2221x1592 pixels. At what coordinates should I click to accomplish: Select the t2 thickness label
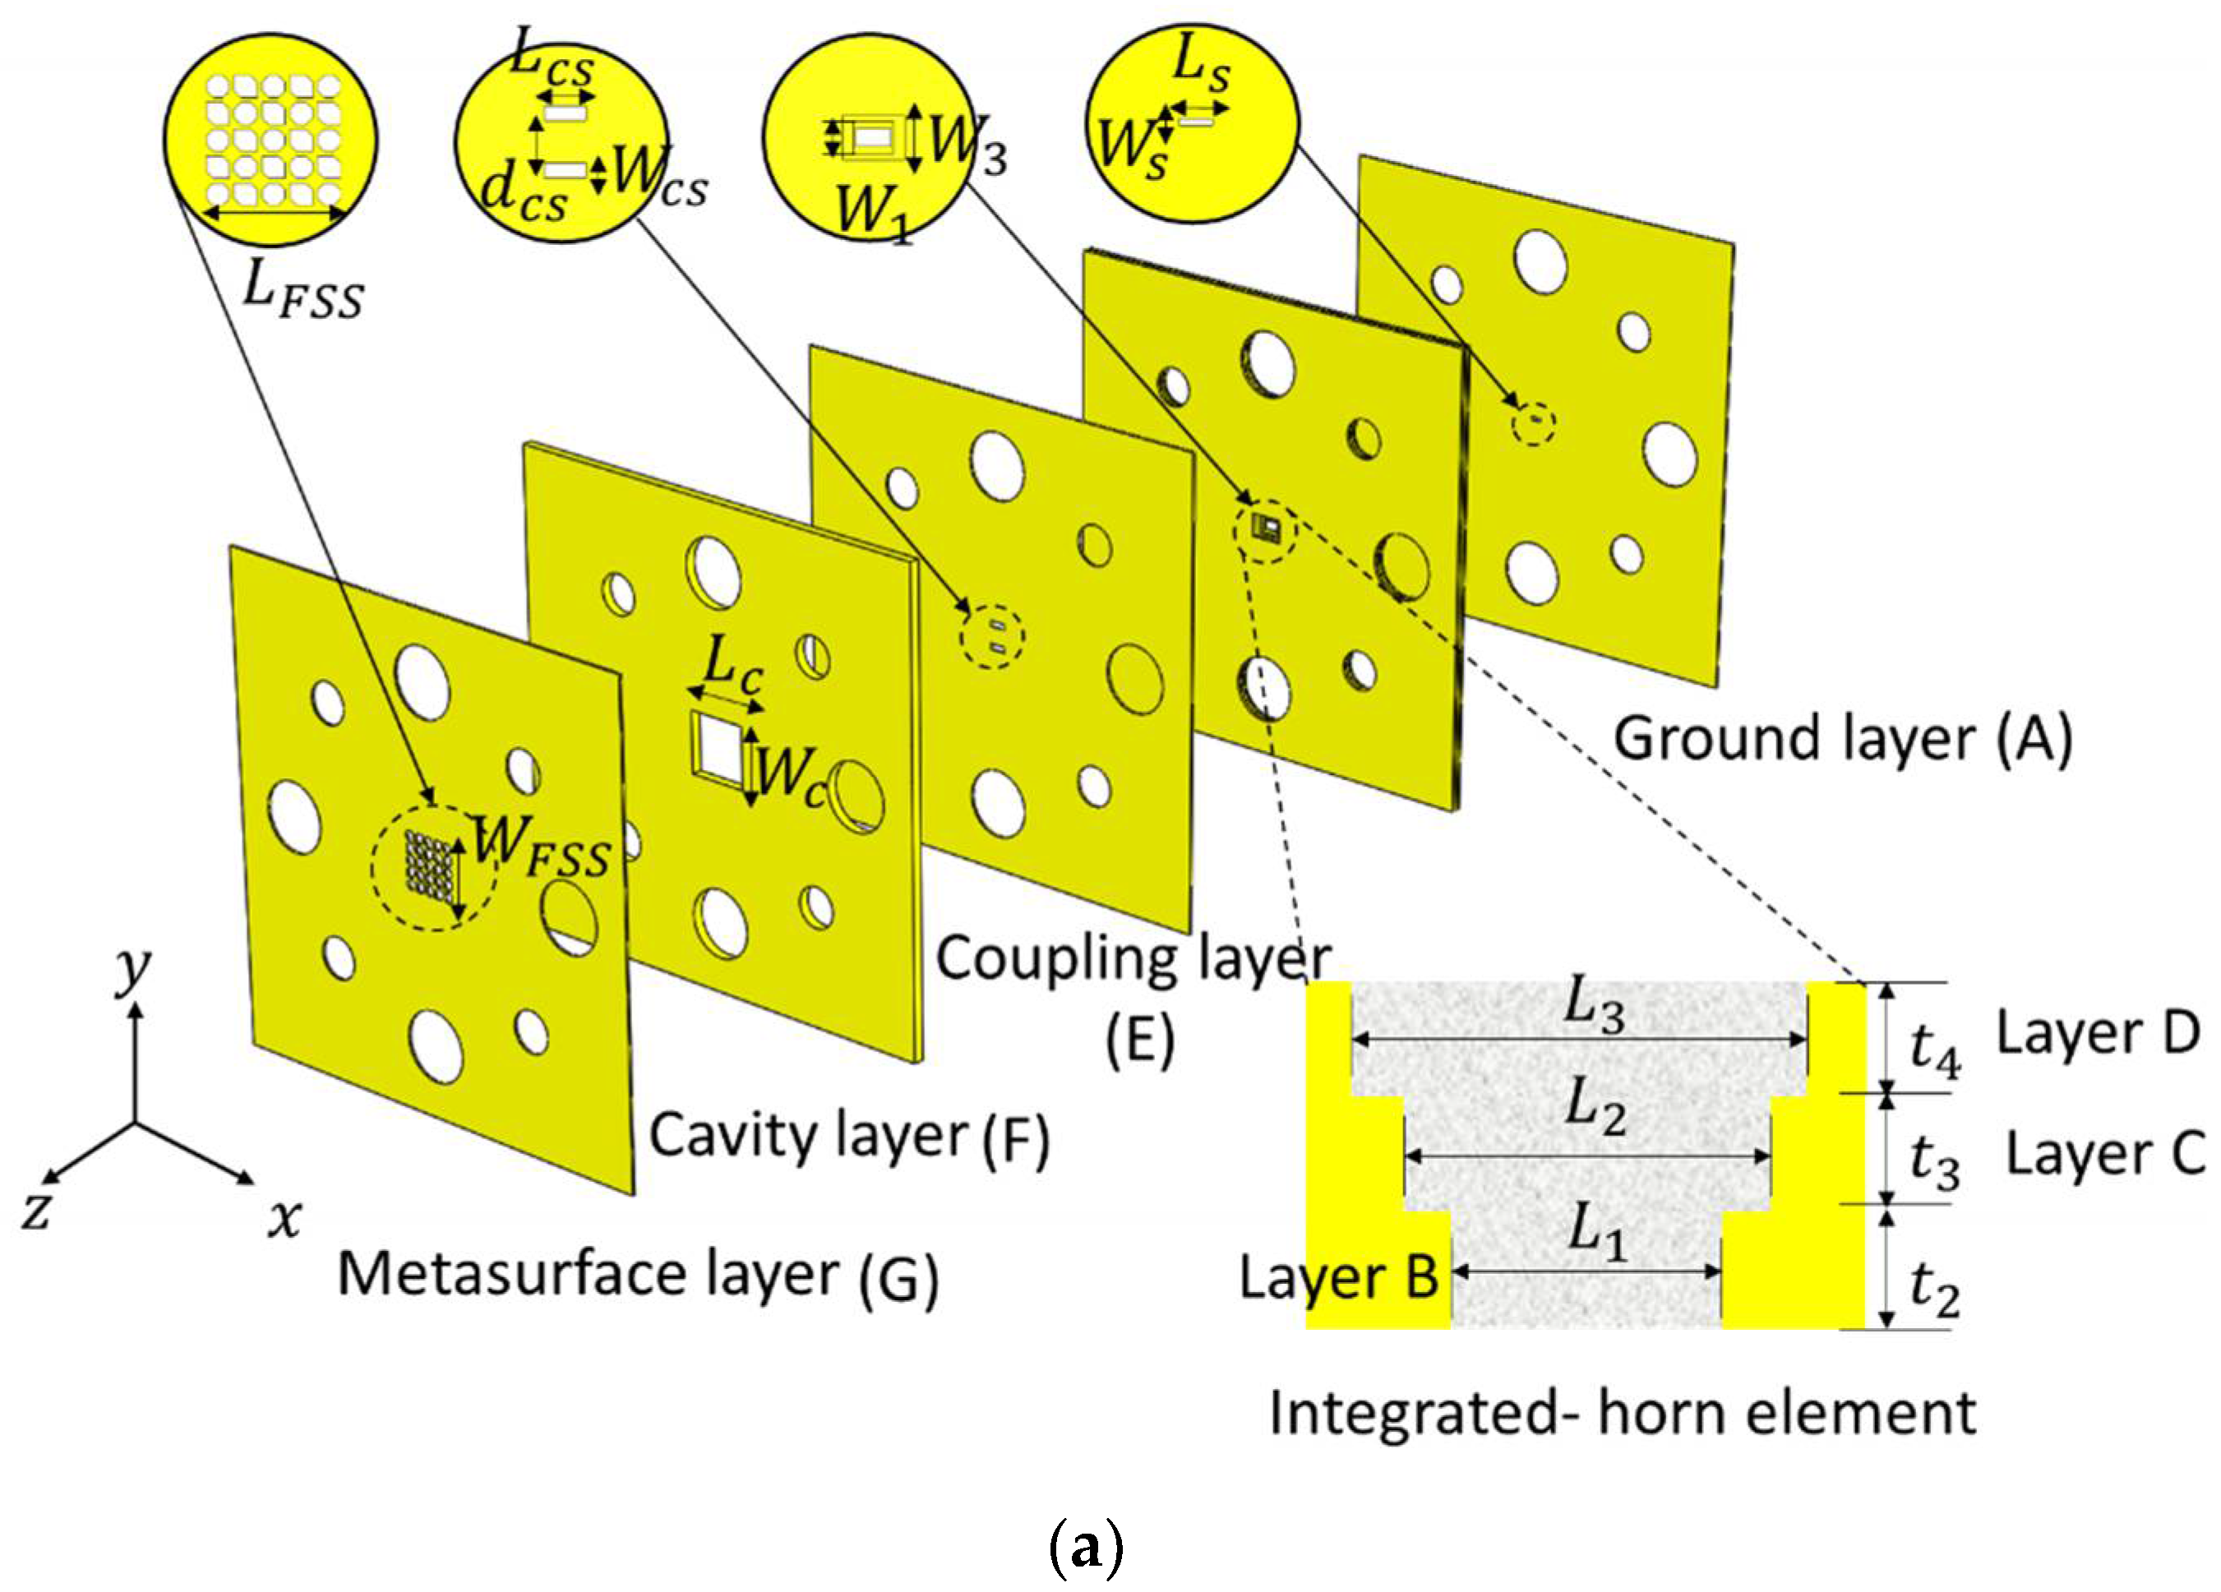click(1934, 1290)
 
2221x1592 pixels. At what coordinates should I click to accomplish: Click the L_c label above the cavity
click(733, 667)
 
